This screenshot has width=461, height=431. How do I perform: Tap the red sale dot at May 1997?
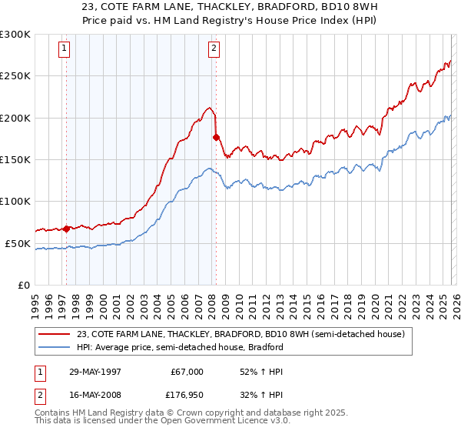pyautogui.click(x=67, y=229)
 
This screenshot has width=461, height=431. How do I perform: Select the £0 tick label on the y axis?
pyautogui.click(x=25, y=285)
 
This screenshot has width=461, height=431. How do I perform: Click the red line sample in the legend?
pyautogui.click(x=55, y=334)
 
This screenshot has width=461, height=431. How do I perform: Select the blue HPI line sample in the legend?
pyautogui.click(x=55, y=347)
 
